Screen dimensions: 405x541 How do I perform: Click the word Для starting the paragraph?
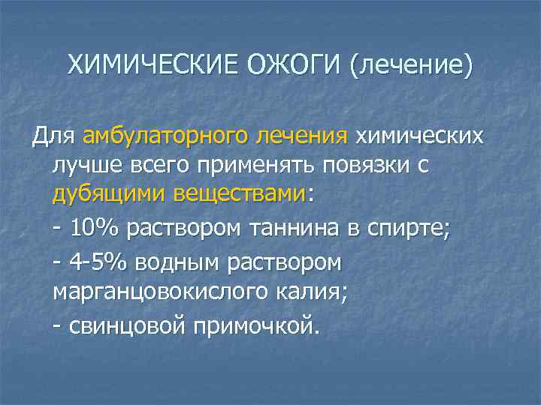click(x=53, y=137)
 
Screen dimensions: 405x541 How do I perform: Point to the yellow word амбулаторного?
click(x=165, y=137)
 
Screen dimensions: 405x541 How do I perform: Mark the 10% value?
click(x=96, y=227)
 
